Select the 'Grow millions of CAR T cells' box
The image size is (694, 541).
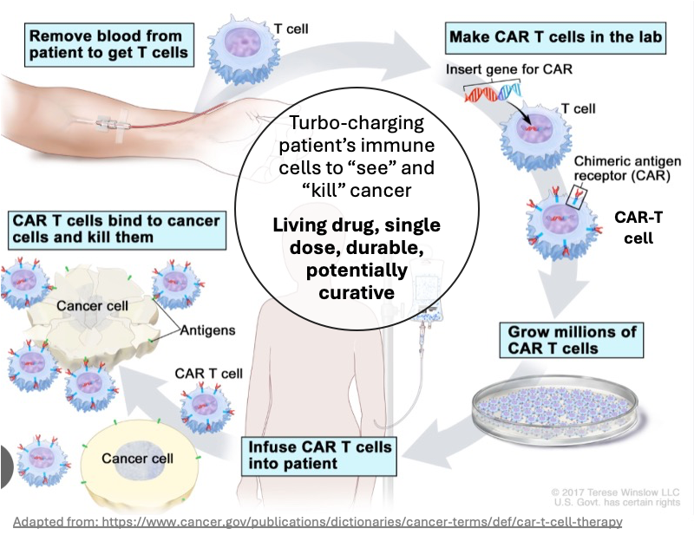pyautogui.click(x=573, y=340)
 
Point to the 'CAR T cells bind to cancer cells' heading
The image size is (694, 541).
pyautogui.click(x=115, y=228)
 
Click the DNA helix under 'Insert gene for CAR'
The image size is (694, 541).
pyautogui.click(x=492, y=90)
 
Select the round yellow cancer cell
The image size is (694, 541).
pyautogui.click(x=138, y=460)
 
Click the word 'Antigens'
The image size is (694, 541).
pyautogui.click(x=208, y=330)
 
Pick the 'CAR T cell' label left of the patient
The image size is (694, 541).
pyautogui.click(x=209, y=374)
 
